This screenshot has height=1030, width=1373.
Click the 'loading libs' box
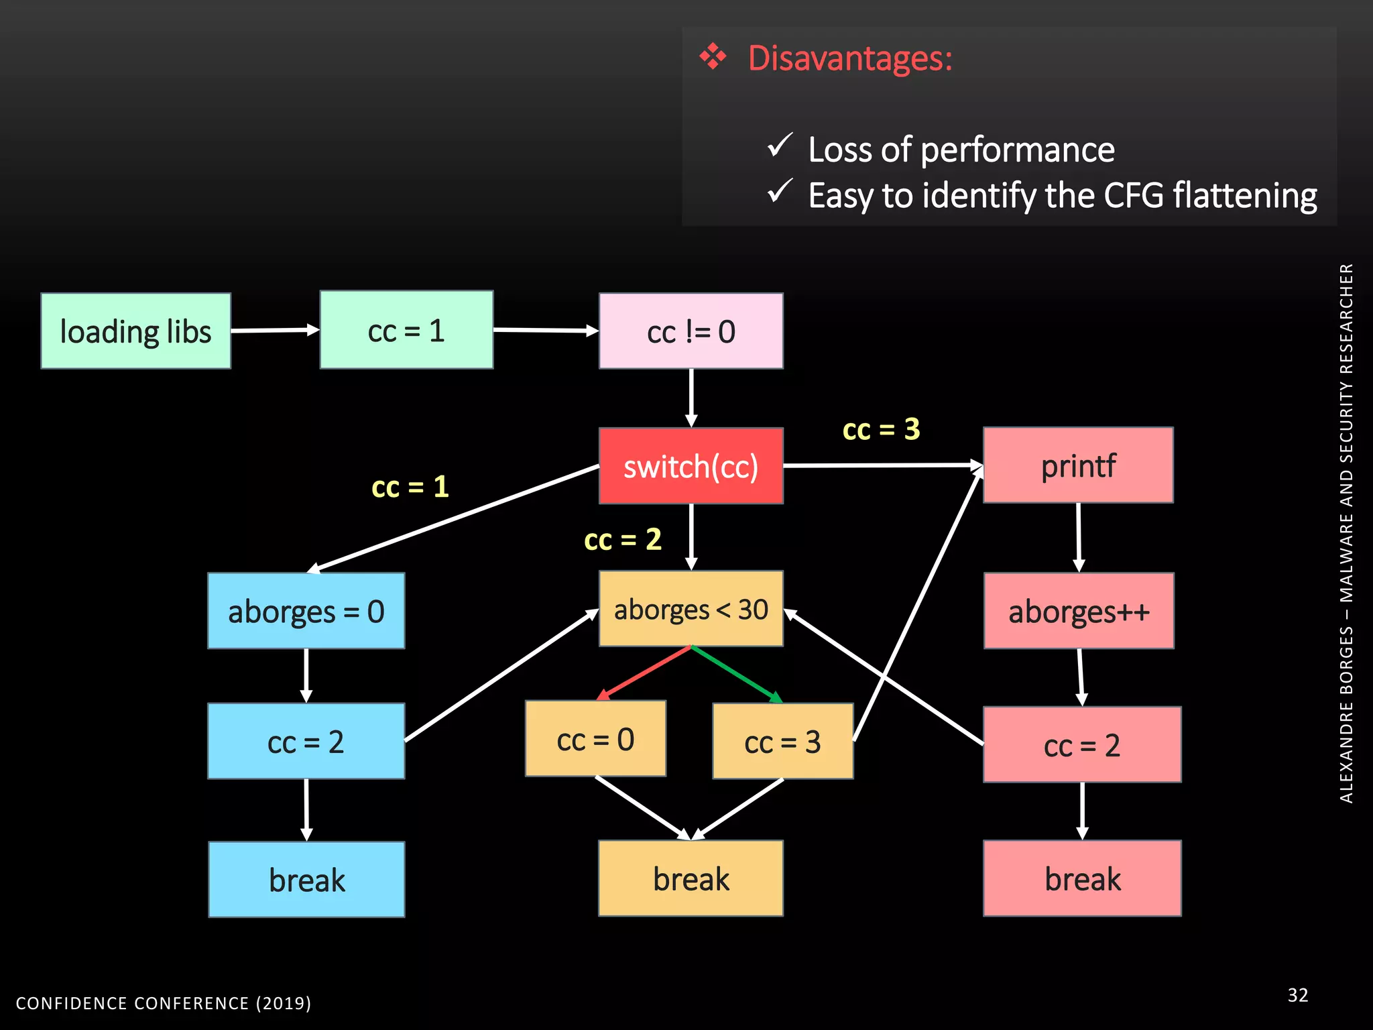point(135,331)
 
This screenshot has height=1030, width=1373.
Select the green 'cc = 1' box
point(406,331)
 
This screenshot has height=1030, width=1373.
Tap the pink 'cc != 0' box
point(691,331)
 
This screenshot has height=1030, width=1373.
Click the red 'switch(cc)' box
point(691,466)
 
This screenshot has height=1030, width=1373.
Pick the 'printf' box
point(1078,465)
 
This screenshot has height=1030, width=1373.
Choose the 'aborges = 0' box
point(306,611)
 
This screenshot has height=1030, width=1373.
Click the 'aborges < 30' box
point(691,610)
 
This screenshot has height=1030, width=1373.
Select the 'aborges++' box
point(1079,611)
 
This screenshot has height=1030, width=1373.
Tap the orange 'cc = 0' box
point(595,739)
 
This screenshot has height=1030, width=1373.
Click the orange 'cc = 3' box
point(782,742)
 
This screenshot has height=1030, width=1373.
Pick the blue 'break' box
point(306,880)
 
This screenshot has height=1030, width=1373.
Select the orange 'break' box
point(691,878)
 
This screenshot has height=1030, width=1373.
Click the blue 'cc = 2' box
point(306,742)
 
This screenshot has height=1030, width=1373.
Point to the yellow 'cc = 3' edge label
point(881,429)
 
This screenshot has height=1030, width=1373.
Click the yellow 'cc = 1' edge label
point(410,487)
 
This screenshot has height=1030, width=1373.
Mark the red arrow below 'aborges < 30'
point(644,673)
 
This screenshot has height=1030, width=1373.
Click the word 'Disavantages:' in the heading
point(850,58)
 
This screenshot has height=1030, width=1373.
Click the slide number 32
point(1297,995)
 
